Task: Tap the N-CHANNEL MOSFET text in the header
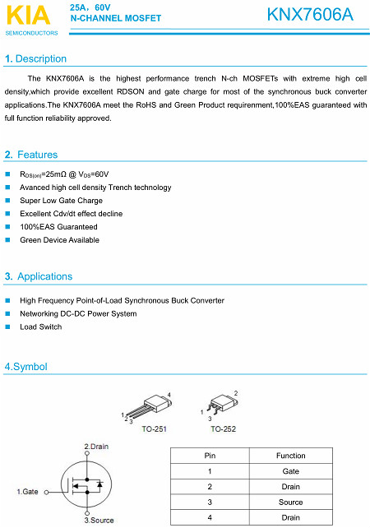[115, 17]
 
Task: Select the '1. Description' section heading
[35, 59]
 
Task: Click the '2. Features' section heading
[31, 155]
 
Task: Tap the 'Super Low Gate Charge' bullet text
[61, 201]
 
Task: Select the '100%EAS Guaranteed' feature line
[58, 227]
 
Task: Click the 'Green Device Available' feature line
[59, 240]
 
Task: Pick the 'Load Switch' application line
[40, 327]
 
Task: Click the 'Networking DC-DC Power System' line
[78, 314]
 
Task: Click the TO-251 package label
[154, 429]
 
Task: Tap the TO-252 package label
[222, 429]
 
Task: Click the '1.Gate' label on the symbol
[28, 491]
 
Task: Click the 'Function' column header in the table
[290, 456]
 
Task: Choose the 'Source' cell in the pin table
[290, 502]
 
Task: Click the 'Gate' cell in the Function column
[290, 471]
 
